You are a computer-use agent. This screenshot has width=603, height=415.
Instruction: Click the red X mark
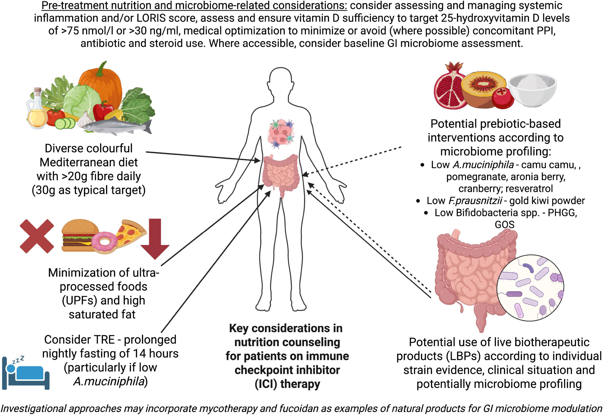coord(37,236)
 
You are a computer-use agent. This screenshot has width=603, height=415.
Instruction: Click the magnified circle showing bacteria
coord(530,287)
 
